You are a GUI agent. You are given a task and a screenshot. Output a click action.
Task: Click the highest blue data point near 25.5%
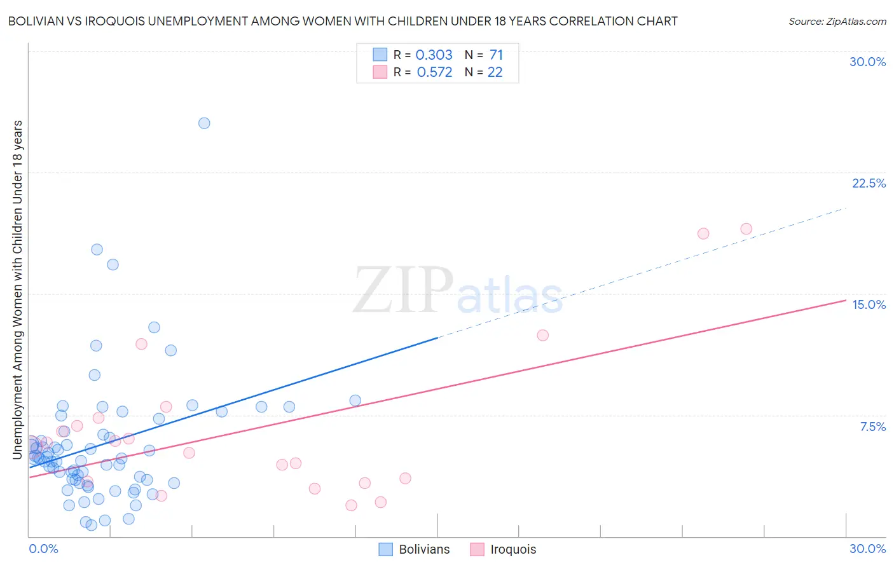(x=204, y=123)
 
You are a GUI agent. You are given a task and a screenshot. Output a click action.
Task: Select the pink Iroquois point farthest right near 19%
(x=746, y=229)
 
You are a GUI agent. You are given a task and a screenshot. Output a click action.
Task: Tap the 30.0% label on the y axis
(x=867, y=62)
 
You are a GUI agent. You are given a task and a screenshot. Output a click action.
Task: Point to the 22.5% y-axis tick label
(x=869, y=183)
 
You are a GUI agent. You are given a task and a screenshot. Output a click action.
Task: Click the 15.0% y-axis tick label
(x=869, y=304)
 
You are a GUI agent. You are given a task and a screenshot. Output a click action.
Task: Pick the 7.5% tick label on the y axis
(x=872, y=427)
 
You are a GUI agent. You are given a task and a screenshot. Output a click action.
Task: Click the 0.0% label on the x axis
(x=43, y=549)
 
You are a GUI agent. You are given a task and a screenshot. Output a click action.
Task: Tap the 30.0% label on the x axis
(x=867, y=549)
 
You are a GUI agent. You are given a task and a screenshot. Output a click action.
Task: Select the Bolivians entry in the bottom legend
(x=414, y=549)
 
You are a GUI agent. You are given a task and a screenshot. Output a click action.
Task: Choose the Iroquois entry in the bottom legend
(x=503, y=549)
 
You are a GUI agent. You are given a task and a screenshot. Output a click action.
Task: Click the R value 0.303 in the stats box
(x=434, y=55)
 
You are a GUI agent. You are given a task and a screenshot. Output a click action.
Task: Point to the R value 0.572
(x=434, y=72)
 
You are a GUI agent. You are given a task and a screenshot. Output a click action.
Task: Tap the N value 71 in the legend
(x=496, y=55)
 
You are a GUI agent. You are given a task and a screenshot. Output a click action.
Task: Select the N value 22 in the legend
(x=495, y=72)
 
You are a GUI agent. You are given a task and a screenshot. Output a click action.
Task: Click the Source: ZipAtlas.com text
(x=837, y=22)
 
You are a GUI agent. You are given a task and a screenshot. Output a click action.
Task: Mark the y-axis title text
(x=17, y=289)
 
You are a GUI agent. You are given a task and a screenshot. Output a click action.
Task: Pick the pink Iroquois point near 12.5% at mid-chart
(x=542, y=335)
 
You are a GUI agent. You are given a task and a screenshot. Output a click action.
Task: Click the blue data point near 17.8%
(x=97, y=249)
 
